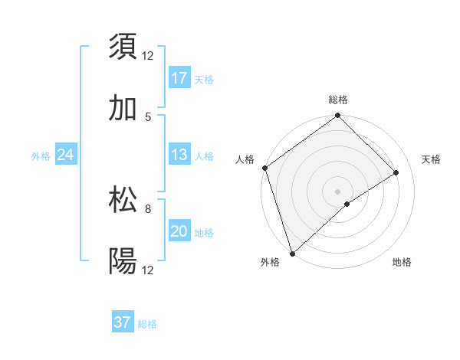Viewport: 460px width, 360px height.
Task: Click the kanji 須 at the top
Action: (123, 47)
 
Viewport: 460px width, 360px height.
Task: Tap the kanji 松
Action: (123, 200)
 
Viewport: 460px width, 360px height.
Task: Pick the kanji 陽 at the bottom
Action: (123, 261)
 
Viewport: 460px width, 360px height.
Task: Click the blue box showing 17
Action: (179, 78)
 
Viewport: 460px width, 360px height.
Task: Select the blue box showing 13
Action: (179, 155)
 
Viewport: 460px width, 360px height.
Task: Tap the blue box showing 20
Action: (179, 231)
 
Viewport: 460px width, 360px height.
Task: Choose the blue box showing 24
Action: (65, 155)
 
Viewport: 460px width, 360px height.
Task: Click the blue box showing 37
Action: (123, 322)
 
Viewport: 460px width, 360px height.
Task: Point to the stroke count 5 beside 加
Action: (147, 116)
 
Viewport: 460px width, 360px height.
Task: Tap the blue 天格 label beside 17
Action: (203, 79)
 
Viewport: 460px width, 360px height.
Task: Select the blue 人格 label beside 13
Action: (203, 155)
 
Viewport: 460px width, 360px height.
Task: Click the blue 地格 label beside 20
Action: (203, 232)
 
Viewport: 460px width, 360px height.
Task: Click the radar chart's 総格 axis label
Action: (338, 100)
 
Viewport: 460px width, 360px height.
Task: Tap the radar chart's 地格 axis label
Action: (402, 263)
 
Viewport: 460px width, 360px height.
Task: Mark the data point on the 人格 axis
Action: (264, 168)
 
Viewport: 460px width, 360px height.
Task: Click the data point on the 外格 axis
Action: (291, 253)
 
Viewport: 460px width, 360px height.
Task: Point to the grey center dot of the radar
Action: (338, 191)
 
